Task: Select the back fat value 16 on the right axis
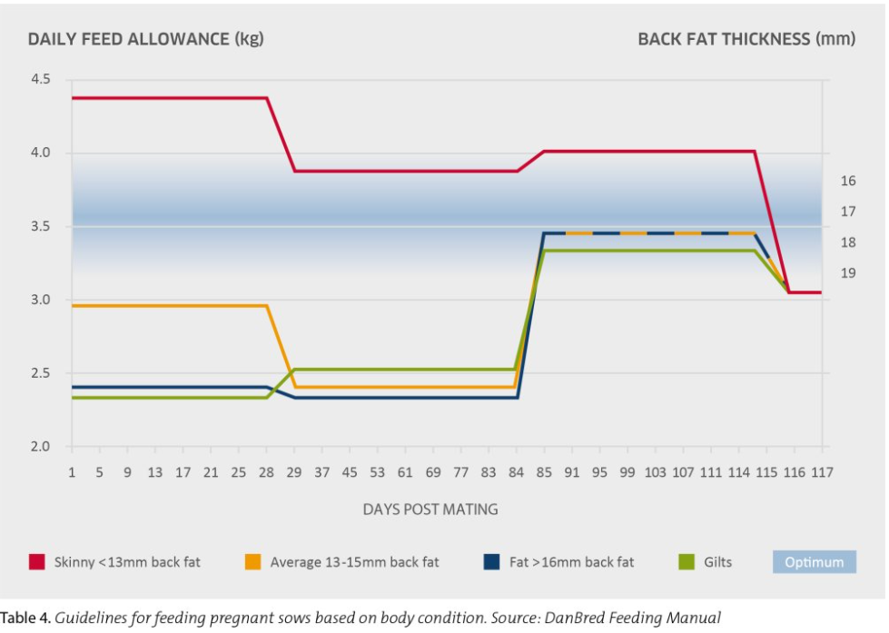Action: (x=848, y=182)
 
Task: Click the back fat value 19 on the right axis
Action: (x=848, y=272)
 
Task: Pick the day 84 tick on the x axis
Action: (x=516, y=473)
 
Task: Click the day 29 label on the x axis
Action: (x=294, y=473)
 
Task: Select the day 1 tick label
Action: (x=72, y=473)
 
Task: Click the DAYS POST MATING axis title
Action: (x=430, y=509)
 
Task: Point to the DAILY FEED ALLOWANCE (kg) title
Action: (x=145, y=39)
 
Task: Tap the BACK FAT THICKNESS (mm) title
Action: (x=746, y=39)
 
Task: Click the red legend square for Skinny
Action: (x=37, y=562)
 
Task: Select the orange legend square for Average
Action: (x=253, y=562)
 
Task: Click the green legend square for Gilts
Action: (x=687, y=562)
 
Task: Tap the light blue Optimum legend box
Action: (x=815, y=562)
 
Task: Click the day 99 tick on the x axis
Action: (x=627, y=473)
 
